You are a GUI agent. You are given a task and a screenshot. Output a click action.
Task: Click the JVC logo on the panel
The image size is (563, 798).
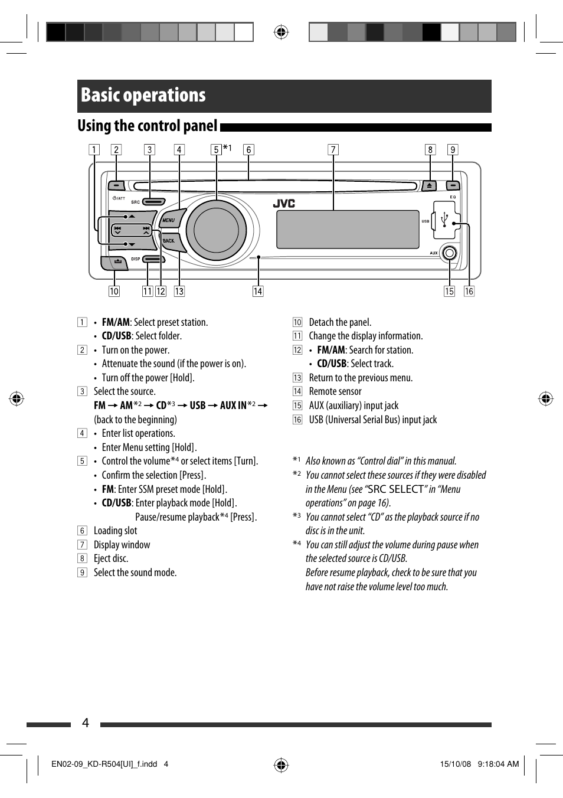coord(284,204)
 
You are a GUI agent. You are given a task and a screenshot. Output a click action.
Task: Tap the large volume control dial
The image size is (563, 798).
coord(216,230)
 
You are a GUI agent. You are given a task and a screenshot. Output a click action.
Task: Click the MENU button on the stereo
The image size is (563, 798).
coord(169,220)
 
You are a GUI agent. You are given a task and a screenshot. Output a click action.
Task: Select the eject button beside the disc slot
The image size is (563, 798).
coord(429,186)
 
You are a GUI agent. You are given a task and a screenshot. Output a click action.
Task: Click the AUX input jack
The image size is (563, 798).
coord(449,253)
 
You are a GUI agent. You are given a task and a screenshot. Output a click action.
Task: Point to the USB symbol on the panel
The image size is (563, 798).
coord(445,220)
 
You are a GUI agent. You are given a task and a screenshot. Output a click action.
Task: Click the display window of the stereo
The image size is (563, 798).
coord(348,230)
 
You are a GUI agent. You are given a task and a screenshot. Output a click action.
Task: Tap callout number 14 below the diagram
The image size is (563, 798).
coord(258,292)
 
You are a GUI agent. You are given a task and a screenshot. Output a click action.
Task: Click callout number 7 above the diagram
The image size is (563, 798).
coord(333,150)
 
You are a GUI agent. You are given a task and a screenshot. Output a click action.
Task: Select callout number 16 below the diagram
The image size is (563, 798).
coord(469,292)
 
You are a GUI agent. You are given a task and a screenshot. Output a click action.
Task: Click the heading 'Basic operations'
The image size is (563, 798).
coord(143,96)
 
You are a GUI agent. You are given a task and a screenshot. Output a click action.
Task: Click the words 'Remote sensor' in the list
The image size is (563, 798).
coord(335,391)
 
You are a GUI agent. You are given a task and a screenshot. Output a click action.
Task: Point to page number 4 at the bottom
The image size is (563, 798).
coord(86,723)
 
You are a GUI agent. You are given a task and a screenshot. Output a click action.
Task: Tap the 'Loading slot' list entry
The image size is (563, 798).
coord(116,531)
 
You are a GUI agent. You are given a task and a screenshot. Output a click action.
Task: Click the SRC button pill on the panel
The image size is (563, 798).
coord(153,202)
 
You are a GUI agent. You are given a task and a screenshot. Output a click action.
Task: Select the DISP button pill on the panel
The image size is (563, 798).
coord(153,259)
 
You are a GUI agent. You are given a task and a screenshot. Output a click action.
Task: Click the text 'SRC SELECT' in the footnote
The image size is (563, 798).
coord(395,489)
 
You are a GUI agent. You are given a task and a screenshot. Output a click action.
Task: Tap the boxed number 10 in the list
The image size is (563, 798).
coord(297,322)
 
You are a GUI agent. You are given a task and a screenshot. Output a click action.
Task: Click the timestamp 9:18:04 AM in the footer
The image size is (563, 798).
coord(498,764)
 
